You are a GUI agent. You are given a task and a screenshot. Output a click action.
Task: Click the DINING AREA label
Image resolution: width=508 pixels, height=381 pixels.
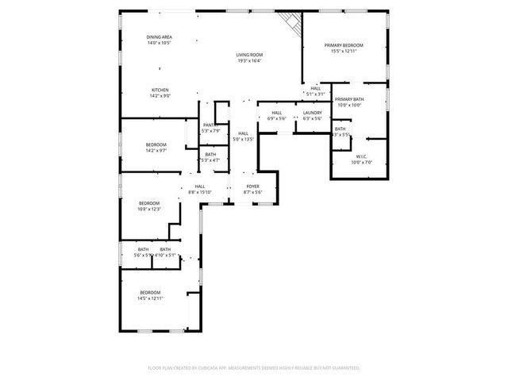click(x=160, y=37)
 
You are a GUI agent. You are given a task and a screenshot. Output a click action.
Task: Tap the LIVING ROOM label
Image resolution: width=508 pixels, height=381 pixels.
click(x=249, y=55)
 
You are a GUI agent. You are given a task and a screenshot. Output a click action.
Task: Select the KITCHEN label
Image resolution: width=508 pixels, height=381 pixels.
click(x=160, y=90)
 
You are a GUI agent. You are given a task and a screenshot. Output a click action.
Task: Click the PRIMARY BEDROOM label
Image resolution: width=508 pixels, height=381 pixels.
click(x=344, y=45)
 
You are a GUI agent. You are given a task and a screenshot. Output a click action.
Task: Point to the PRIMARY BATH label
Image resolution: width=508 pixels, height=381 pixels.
click(x=348, y=99)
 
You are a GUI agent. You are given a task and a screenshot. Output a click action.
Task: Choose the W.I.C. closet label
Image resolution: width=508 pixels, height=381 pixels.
click(x=361, y=156)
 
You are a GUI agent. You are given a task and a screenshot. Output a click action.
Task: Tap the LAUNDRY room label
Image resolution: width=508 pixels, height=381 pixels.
click(x=312, y=113)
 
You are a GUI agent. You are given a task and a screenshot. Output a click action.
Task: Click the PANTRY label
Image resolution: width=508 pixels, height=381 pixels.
click(x=210, y=125)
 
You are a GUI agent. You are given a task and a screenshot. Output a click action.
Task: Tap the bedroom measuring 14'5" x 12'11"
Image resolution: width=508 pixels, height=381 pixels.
click(x=150, y=294)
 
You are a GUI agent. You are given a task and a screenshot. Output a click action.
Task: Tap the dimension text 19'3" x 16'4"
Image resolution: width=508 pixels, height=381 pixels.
click(x=249, y=60)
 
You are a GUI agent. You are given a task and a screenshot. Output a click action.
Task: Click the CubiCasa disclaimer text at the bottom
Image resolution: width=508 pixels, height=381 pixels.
click(x=254, y=368)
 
